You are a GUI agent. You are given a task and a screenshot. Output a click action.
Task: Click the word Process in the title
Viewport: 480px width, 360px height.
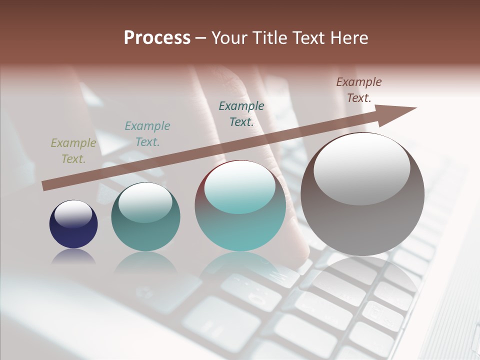pos(157,38)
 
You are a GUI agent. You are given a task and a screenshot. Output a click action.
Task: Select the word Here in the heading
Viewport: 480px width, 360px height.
pos(348,38)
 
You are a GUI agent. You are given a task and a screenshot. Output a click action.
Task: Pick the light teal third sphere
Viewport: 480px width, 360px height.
pos(240,225)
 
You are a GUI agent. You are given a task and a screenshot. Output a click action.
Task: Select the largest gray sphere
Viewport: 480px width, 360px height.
pos(362,220)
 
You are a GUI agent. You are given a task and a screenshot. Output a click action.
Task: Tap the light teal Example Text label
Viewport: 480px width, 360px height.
pos(147,133)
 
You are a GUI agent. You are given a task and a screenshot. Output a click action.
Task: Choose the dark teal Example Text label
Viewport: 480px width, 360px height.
pos(241,113)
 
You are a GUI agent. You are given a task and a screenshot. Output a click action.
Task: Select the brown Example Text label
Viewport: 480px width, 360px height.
pos(359,90)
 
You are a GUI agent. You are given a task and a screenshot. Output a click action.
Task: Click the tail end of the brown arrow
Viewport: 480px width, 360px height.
pos(46,186)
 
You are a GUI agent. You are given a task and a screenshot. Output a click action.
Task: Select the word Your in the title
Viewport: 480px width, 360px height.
pos(229,38)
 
